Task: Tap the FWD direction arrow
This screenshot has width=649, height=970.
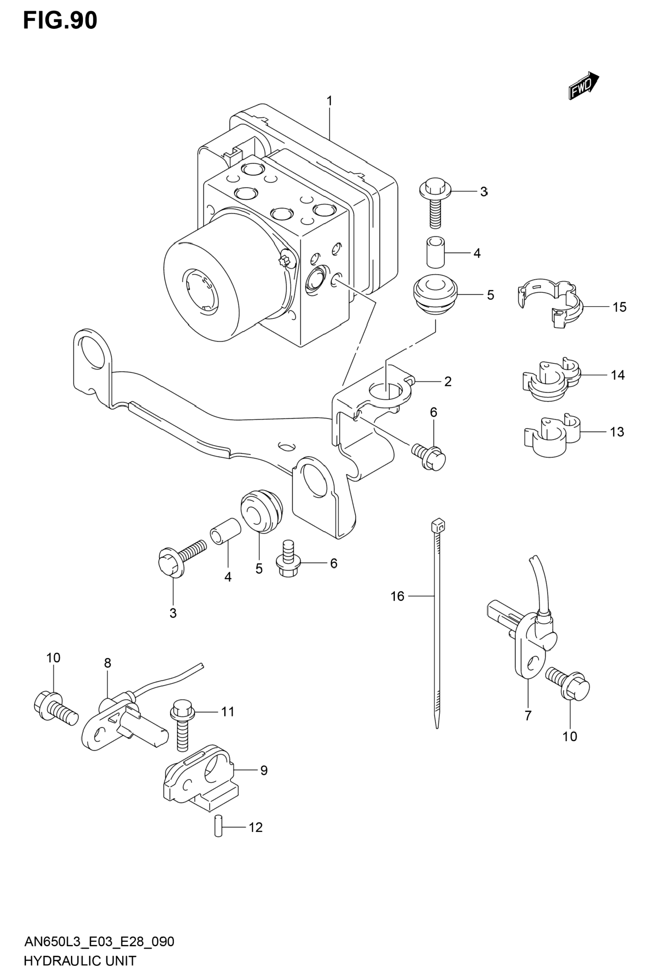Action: click(x=584, y=85)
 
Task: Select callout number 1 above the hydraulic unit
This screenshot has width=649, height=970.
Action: click(x=330, y=101)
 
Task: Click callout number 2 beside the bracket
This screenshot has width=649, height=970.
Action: click(x=448, y=381)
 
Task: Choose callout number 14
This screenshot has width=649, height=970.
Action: click(x=618, y=375)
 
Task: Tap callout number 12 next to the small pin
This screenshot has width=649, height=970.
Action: click(x=256, y=827)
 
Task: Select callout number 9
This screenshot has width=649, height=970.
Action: click(x=264, y=770)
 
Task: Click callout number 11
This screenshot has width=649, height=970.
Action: click(x=228, y=711)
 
